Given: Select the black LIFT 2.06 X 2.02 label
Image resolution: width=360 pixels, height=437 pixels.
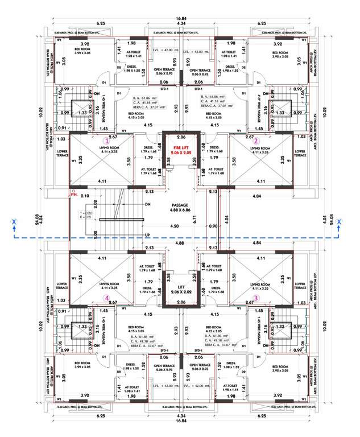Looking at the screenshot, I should click(x=180, y=289).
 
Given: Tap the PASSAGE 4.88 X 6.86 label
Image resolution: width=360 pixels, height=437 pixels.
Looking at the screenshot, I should click(x=180, y=208).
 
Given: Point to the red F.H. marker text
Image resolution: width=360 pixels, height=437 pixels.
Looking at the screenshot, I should click(x=73, y=194).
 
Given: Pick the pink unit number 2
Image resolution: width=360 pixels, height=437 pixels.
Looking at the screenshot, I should click(x=256, y=140).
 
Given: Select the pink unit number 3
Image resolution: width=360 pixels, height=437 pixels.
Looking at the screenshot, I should click(x=256, y=296).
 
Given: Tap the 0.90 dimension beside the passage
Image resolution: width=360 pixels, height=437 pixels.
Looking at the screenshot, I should click(x=213, y=226).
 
